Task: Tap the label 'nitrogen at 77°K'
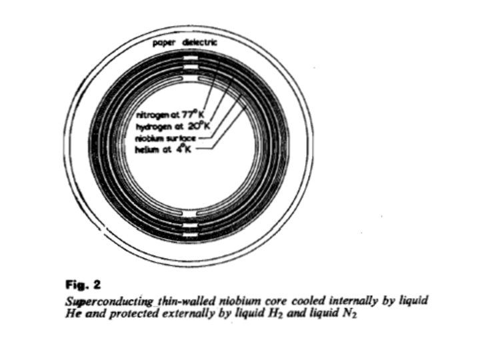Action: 165,114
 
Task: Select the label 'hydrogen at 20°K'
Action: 166,125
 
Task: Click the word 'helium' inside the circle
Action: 149,147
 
